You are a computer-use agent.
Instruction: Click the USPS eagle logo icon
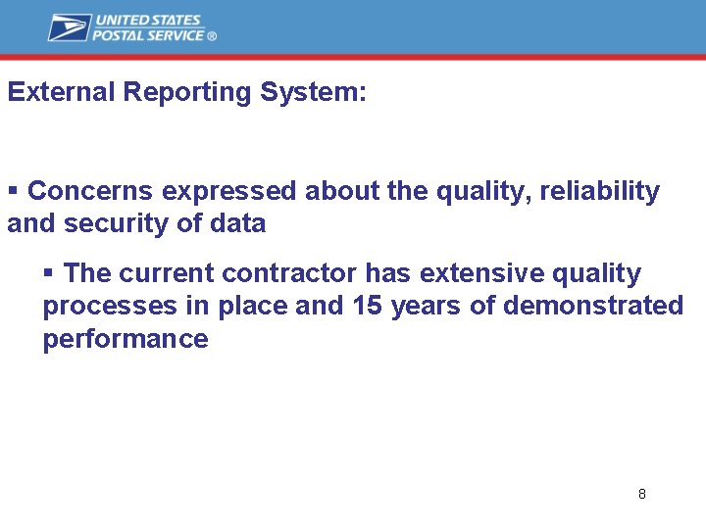(x=69, y=27)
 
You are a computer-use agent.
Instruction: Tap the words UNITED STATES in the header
(x=147, y=20)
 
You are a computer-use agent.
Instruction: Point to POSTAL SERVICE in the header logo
(x=148, y=35)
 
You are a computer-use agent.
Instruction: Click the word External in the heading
(x=61, y=92)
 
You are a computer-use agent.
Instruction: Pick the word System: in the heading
(x=314, y=92)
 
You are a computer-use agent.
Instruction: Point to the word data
(x=237, y=223)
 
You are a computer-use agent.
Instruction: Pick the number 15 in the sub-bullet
(x=367, y=307)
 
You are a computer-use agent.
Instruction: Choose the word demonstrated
(x=593, y=307)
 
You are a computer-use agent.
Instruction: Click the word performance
(x=125, y=340)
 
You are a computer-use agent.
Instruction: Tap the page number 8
(x=641, y=494)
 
